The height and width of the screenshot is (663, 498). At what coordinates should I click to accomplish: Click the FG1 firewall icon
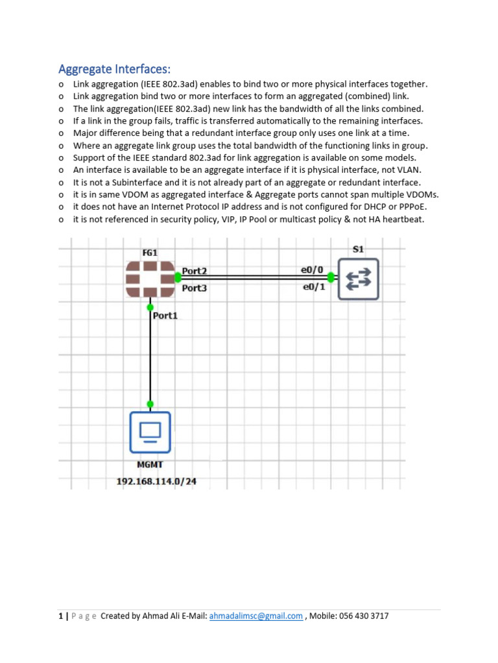150,279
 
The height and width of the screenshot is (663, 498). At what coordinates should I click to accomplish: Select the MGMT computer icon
150,431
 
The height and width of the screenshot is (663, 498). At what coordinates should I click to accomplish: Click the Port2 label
195,271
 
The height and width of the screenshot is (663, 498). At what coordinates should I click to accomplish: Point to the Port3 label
195,288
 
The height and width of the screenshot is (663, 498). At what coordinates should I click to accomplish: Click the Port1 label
165,316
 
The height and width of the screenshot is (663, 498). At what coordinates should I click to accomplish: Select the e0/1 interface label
314,287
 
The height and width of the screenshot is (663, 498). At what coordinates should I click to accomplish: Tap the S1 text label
358,249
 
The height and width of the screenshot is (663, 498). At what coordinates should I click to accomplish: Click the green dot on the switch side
331,278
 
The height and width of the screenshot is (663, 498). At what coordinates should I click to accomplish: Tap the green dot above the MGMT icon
150,404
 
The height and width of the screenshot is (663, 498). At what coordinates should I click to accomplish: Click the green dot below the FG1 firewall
150,307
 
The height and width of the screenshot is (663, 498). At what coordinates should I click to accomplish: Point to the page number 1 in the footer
60,616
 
